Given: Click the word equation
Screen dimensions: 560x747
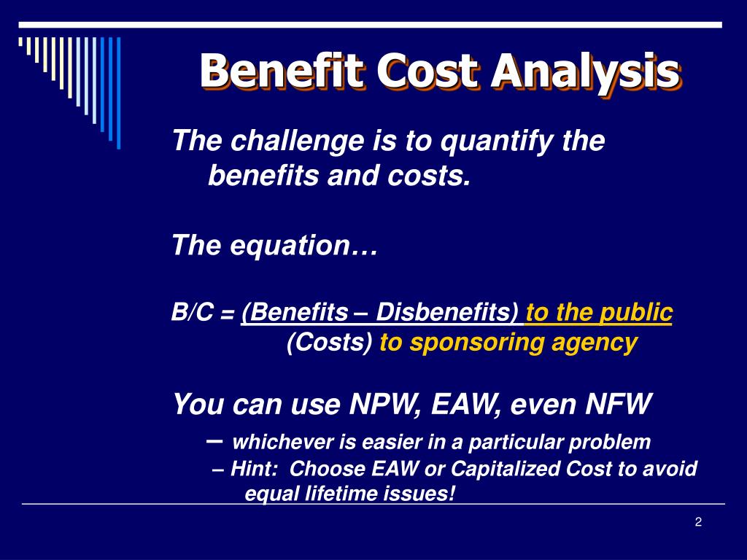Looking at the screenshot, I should click(x=305, y=246).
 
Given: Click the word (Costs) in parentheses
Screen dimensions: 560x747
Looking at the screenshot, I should click(x=330, y=342).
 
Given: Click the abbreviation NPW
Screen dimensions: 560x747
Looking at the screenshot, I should click(x=380, y=403).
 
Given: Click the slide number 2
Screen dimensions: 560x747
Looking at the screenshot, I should click(x=698, y=521).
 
